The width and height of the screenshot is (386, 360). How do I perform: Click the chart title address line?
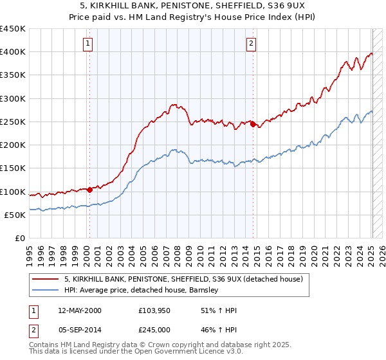(x=193, y=6)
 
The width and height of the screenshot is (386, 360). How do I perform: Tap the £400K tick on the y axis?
(x=13, y=52)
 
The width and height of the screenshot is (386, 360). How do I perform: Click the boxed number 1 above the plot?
(x=88, y=44)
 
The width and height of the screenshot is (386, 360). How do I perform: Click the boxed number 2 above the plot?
(x=251, y=44)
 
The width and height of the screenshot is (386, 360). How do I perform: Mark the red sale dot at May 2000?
(x=89, y=190)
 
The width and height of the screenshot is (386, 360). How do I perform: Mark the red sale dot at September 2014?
(x=253, y=123)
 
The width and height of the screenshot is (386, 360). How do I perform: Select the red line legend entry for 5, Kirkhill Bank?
(x=187, y=279)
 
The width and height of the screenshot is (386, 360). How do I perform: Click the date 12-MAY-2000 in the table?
(x=79, y=310)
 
